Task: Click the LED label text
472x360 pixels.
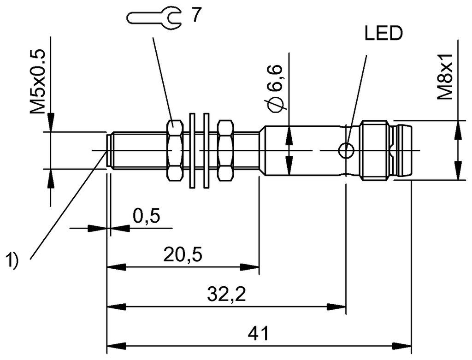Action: coord(383,34)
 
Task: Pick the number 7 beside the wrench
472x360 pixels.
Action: coord(196,16)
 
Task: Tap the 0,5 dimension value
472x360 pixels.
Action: coord(147,216)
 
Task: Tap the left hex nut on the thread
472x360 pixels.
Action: coord(174,150)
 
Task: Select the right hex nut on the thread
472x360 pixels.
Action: coord(225,150)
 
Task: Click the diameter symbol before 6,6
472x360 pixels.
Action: coord(277,106)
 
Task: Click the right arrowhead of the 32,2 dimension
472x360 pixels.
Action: coord(338,307)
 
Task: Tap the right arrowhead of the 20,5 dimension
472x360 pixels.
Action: coord(251,267)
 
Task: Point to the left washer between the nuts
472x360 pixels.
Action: coord(192,150)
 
